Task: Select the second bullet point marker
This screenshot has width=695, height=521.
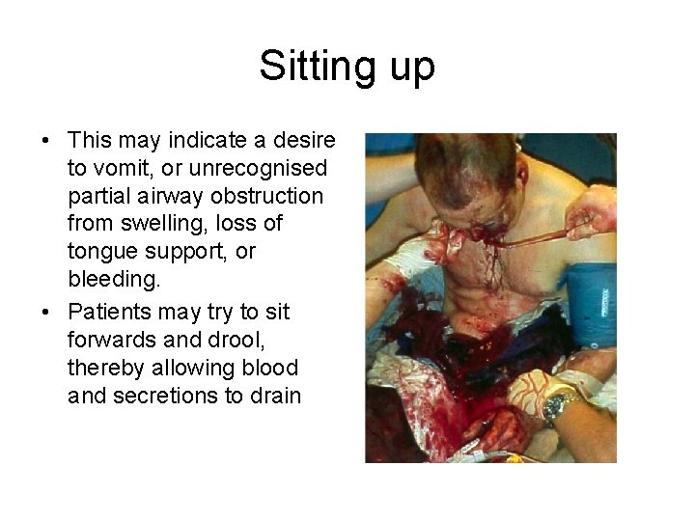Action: click(45, 314)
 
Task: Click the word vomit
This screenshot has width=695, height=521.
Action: click(127, 169)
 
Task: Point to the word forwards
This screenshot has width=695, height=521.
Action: click(113, 341)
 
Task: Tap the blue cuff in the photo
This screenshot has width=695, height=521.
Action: click(590, 304)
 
